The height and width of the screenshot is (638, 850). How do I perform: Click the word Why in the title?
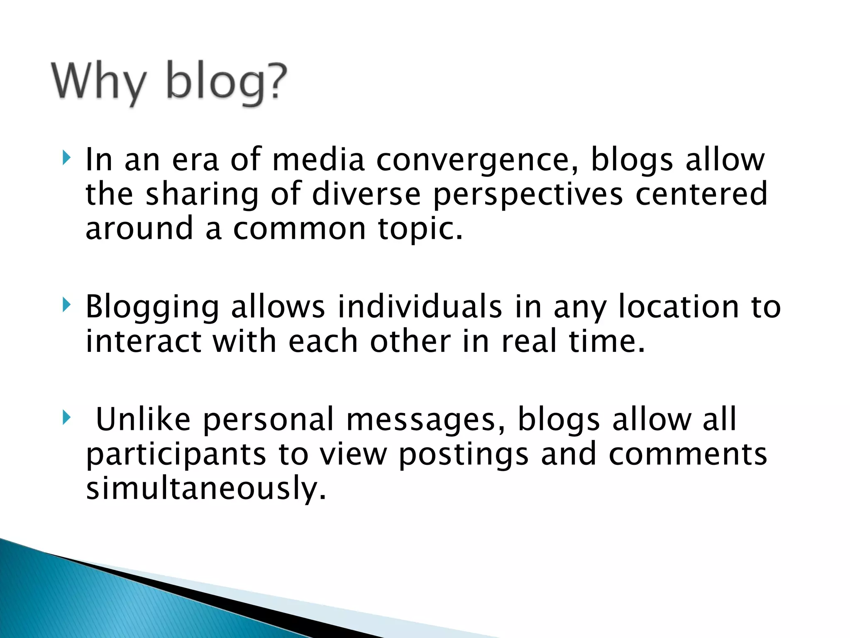tap(100, 81)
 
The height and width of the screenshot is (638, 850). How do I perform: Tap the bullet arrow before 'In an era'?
tap(66, 158)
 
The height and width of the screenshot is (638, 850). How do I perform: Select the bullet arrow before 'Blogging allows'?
tap(66, 305)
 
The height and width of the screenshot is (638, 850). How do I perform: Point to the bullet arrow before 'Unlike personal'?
tap(66, 417)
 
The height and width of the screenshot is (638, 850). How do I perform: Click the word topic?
tap(420, 230)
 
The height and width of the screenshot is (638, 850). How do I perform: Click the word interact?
tap(143, 341)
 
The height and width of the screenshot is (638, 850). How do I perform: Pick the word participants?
tap(176, 455)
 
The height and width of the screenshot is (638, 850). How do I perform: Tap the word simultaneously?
tap(206, 489)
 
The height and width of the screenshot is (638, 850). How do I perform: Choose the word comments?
tap(688, 454)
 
